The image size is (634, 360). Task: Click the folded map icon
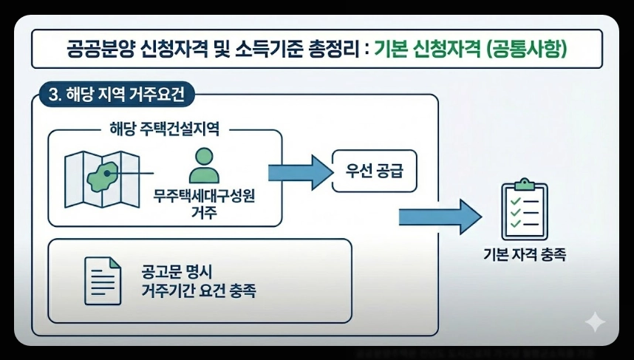(x=101, y=177)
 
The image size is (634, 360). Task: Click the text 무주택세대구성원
(x=203, y=197)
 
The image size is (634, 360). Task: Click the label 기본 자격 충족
(x=523, y=254)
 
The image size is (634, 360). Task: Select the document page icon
(x=103, y=280)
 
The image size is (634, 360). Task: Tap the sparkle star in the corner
(x=595, y=322)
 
